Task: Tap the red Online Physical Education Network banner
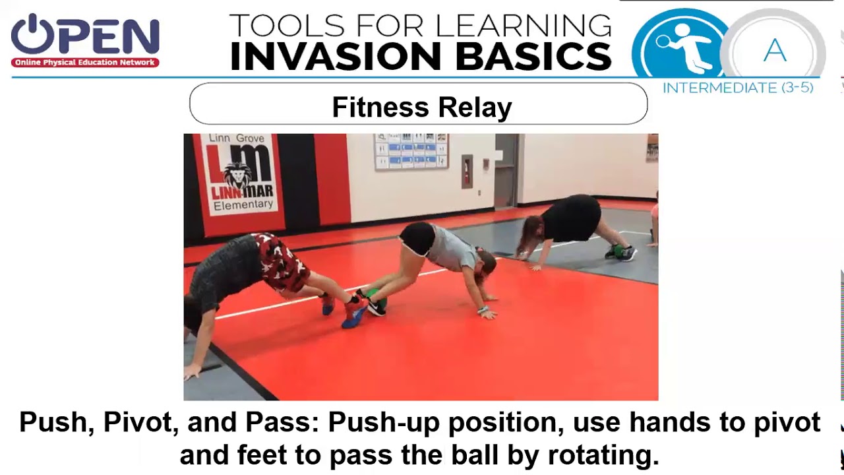click(85, 63)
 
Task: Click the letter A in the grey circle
click(775, 51)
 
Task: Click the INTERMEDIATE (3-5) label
click(738, 88)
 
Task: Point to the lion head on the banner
click(237, 175)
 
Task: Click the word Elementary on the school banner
click(243, 205)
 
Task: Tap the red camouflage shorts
click(280, 261)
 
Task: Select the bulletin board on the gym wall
click(411, 151)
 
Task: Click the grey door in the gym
click(506, 172)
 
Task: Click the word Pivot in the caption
click(212, 422)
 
